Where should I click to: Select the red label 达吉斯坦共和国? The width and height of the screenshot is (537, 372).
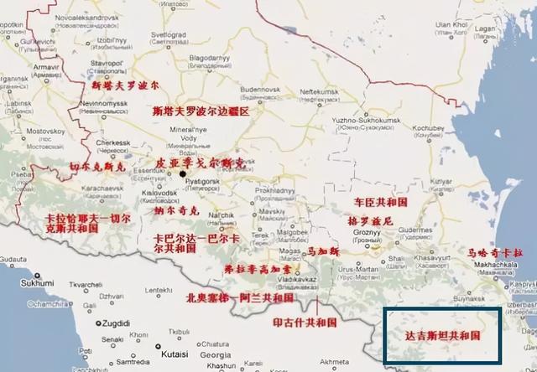pyautogui.click(x=443, y=334)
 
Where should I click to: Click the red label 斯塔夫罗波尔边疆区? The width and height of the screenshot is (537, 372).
pyautogui.click(x=201, y=111)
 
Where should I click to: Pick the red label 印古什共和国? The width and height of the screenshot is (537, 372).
pyautogui.click(x=305, y=322)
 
